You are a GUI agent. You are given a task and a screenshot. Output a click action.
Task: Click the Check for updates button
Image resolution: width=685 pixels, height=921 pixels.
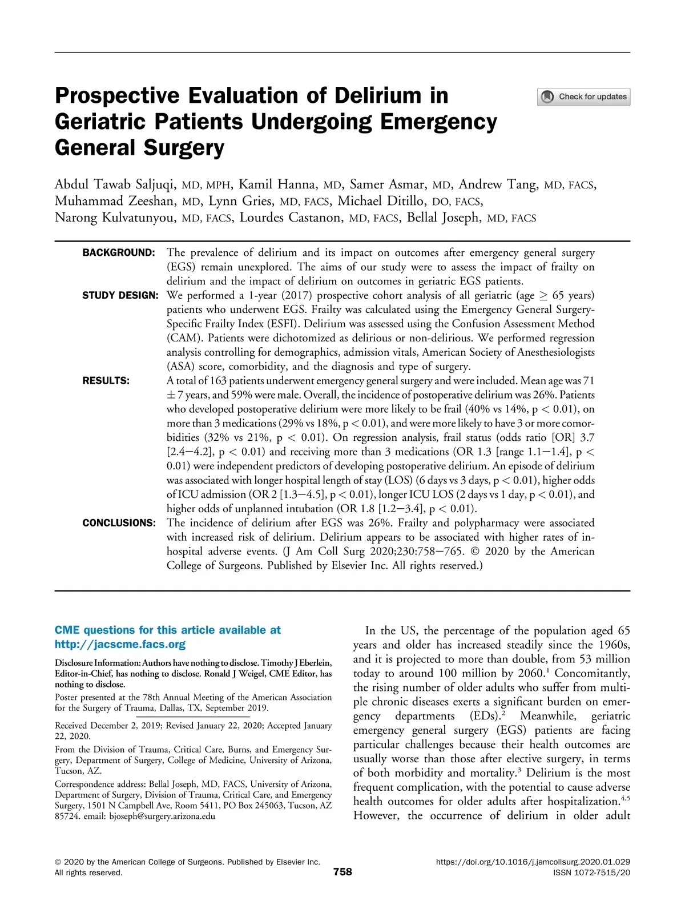[x=583, y=97]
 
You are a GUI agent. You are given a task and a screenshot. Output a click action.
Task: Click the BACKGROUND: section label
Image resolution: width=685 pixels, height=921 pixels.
[x=119, y=253]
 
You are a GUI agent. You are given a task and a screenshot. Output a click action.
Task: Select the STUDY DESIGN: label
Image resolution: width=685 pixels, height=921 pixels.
[x=120, y=296]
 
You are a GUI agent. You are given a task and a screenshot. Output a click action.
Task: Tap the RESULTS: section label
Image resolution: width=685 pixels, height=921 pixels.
[x=106, y=381]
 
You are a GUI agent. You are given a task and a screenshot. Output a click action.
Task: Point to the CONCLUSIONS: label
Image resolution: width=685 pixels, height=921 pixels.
[x=119, y=523]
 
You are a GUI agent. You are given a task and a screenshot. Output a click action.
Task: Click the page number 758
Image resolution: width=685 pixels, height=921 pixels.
[x=342, y=872]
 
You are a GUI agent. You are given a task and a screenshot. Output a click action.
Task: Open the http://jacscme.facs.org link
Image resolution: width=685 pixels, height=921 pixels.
[x=120, y=645]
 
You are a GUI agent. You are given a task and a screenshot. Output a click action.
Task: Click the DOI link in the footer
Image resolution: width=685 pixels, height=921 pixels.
[x=533, y=862]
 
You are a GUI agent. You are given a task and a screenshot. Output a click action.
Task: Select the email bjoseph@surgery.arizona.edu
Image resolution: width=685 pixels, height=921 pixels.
[x=162, y=817]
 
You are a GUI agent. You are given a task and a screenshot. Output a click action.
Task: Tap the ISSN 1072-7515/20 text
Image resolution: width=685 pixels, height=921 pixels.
[x=592, y=873]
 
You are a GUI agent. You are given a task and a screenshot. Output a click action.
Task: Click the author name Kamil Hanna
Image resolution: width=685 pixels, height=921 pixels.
[x=277, y=184]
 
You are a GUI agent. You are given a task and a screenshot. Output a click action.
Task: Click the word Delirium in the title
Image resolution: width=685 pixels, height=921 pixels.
[x=378, y=95]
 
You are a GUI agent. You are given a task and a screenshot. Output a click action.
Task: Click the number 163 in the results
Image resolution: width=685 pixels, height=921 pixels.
[x=219, y=381]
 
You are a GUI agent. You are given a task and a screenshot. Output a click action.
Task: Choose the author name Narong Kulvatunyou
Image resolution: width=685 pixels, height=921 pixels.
[x=115, y=218]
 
